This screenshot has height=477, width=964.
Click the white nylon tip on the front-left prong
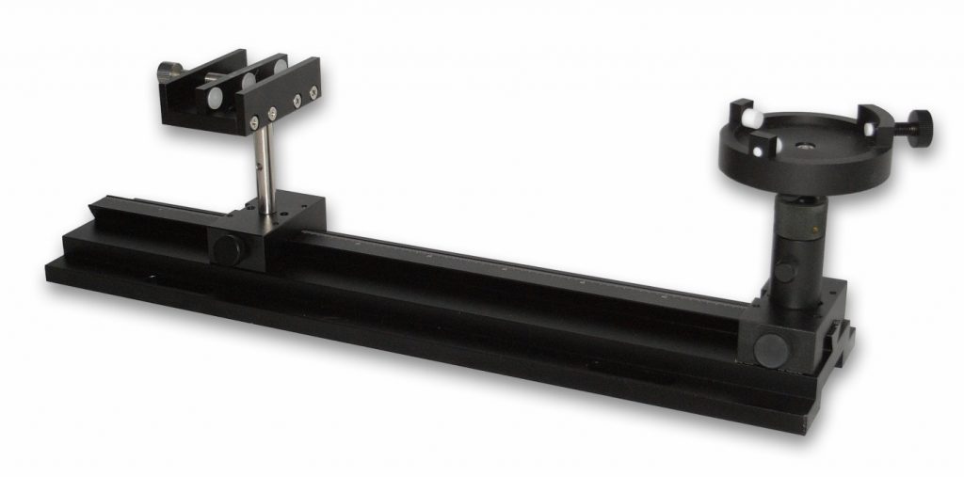tap(755, 151)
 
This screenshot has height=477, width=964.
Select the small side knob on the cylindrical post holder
tap(784, 273)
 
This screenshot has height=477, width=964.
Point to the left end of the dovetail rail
tap(104, 212)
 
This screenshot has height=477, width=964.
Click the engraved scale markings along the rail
tap(527, 269)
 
